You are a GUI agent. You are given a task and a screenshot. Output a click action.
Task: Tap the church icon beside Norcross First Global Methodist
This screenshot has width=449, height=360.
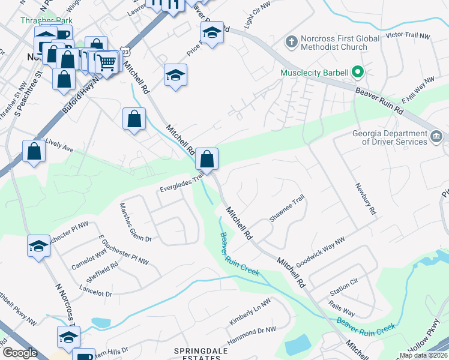coord(291,42)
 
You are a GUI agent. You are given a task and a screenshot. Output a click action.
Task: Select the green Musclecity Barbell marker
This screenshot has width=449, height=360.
coord(358,73)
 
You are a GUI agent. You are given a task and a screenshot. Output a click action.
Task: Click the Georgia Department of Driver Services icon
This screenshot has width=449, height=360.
coord(436,137)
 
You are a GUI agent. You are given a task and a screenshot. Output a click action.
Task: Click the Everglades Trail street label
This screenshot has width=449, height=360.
coord(182,182)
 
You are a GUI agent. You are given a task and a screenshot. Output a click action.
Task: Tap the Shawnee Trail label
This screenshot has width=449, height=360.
coord(288,211)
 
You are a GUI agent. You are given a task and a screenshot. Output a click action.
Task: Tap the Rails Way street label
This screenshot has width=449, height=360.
coord(342,309)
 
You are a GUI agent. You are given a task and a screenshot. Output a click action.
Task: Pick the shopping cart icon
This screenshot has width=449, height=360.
coord(107,61)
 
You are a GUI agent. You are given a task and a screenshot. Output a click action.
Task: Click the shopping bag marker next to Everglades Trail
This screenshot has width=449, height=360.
coord(206,160)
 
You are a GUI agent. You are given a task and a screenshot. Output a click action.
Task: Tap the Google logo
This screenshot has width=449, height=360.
coord(20,353)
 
